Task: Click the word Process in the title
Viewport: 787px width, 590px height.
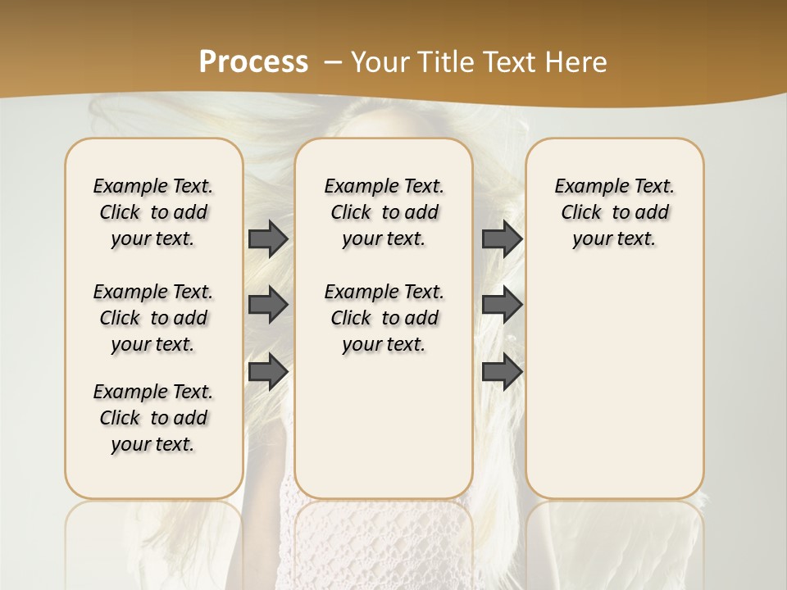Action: (253, 62)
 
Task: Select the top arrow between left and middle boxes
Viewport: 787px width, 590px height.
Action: (267, 238)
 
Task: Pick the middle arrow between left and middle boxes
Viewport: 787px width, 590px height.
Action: (267, 305)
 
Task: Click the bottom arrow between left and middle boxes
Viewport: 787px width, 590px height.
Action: (267, 371)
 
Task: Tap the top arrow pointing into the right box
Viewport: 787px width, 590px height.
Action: (502, 238)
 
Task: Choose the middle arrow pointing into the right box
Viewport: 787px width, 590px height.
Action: (502, 305)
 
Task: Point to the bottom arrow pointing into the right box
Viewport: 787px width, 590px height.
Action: (502, 371)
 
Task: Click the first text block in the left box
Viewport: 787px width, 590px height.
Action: (153, 212)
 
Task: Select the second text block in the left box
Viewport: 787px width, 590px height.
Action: (153, 318)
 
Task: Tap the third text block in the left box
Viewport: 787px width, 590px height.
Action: (153, 418)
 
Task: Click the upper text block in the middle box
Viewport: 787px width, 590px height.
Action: (384, 212)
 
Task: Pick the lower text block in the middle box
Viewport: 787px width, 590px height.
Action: (384, 318)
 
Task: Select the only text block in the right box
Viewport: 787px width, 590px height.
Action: (614, 212)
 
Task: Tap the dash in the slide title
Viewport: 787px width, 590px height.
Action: (334, 62)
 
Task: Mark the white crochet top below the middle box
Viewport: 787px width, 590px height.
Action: (383, 541)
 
